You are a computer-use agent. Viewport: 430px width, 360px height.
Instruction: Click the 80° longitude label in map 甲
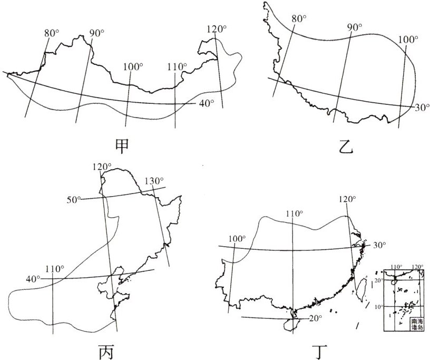[x=51, y=33]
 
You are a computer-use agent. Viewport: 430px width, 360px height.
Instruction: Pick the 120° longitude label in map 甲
[x=217, y=30]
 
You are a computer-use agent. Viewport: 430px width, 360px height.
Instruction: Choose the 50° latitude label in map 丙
[x=74, y=199]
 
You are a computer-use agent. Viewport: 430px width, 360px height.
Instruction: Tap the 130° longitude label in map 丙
[x=154, y=182]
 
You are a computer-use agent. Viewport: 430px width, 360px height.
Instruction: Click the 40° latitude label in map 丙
[x=32, y=278]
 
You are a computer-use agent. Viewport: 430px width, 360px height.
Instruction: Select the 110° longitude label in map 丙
[x=54, y=268]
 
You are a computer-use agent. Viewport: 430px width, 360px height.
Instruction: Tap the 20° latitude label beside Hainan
[x=315, y=318]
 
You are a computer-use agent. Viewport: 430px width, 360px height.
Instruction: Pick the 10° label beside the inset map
[x=378, y=306]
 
